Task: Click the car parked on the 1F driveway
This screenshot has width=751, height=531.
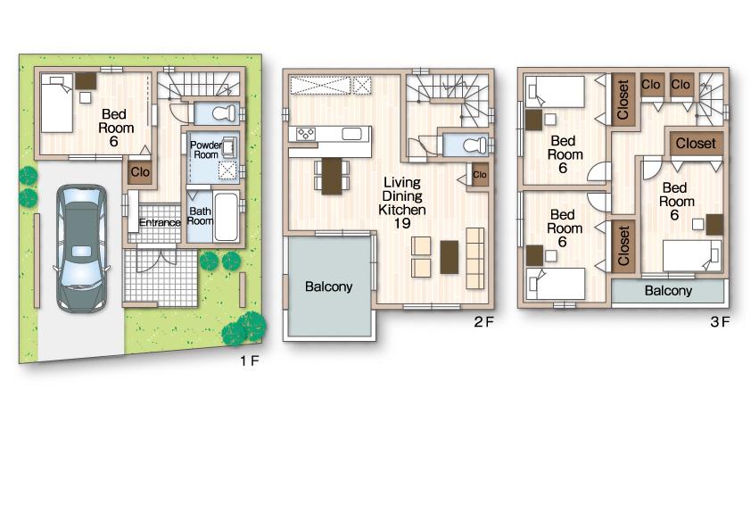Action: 80,247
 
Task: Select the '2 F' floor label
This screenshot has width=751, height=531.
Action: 483,322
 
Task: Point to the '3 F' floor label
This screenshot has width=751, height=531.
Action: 720,322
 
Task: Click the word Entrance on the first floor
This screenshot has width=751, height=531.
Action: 160,222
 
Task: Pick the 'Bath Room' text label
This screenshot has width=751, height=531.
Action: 200,217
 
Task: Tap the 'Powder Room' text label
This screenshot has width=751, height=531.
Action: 204,149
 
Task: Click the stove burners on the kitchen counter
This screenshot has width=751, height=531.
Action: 306,135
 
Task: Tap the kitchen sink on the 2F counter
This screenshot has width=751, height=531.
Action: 351,135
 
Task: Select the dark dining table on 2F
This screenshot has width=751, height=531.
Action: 332,175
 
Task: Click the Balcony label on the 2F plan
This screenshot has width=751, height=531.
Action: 328,287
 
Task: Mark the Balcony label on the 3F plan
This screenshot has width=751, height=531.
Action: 668,291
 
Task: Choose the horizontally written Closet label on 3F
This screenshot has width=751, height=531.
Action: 695,143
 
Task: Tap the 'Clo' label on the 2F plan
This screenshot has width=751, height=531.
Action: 480,175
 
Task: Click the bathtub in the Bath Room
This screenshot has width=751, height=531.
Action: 227,217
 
